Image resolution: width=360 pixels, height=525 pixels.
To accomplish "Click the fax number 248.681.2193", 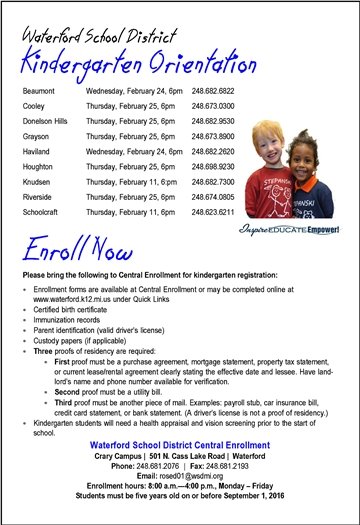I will tap(237, 464).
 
